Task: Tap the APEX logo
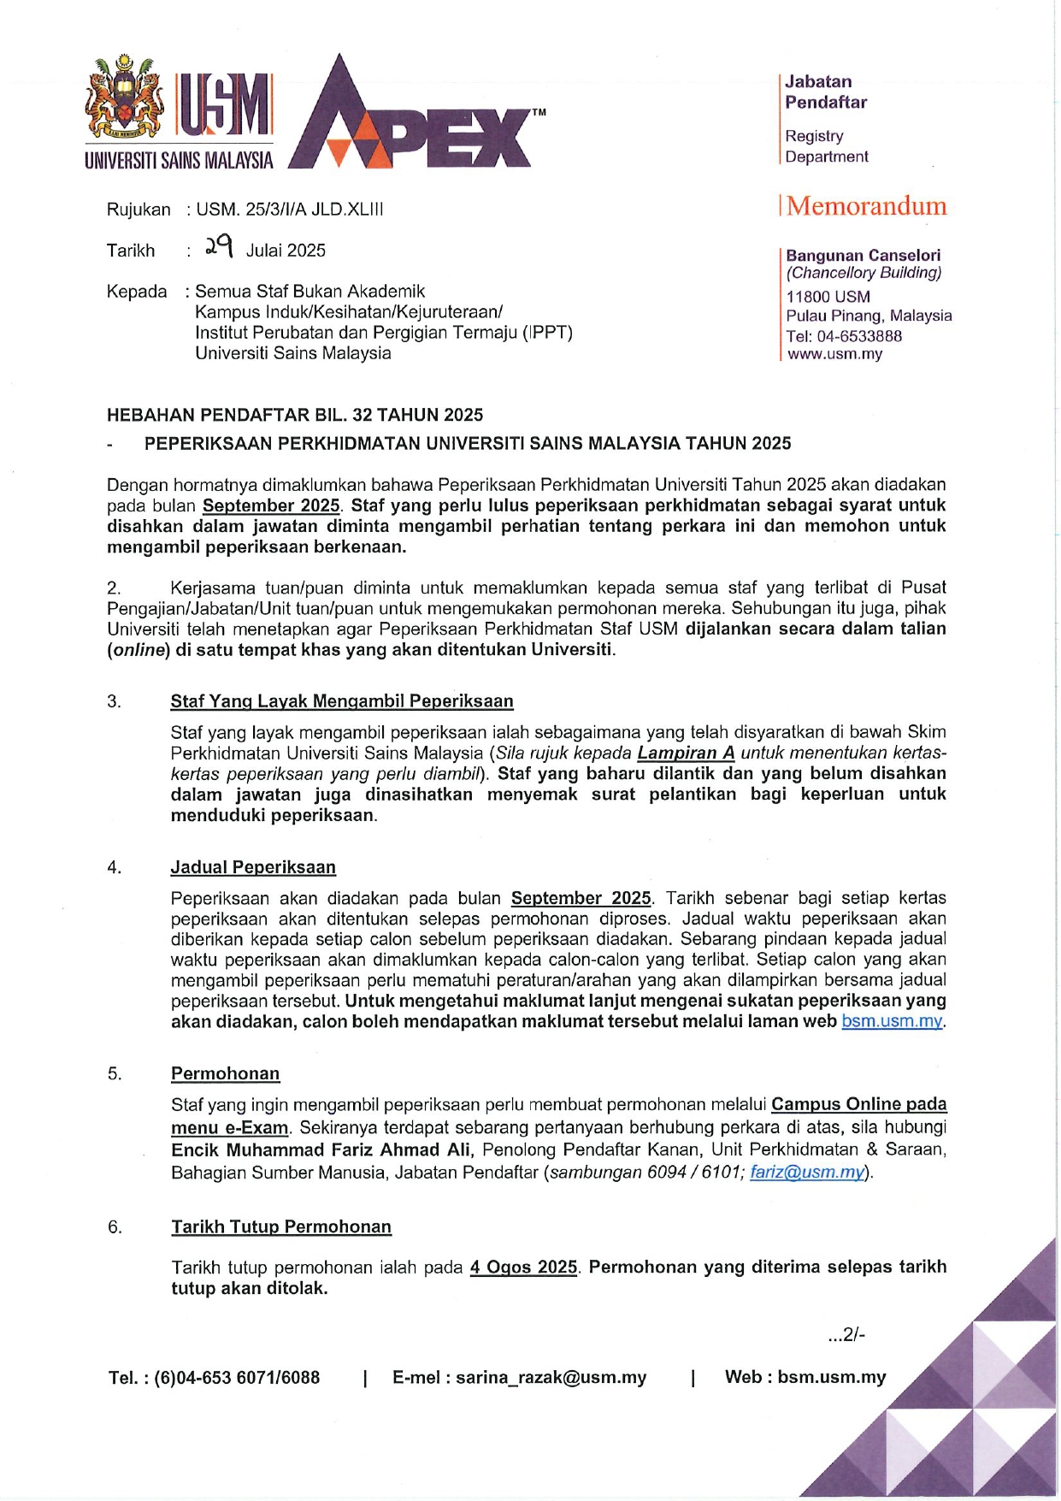pyautogui.click(x=410, y=120)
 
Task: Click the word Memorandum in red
pyautogui.click(x=866, y=206)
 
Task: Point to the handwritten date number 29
pyautogui.click(x=218, y=248)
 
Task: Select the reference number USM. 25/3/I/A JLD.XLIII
pyautogui.click(x=289, y=210)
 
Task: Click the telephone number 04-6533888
pyautogui.click(x=858, y=336)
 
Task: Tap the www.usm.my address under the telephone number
pyautogui.click(x=834, y=354)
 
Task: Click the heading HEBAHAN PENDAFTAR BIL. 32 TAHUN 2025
pyautogui.click(x=295, y=415)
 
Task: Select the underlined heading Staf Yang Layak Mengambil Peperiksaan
pyautogui.click(x=342, y=701)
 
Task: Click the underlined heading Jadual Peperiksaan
pyautogui.click(x=253, y=867)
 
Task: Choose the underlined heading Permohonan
pyautogui.click(x=225, y=1073)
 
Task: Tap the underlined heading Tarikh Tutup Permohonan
pyautogui.click(x=281, y=1226)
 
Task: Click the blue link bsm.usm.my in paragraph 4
pyautogui.click(x=892, y=1021)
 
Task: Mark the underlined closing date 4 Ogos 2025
pyautogui.click(x=523, y=1267)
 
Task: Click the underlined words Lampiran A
pyautogui.click(x=686, y=753)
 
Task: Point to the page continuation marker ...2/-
pyautogui.click(x=846, y=1334)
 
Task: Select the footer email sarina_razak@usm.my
pyautogui.click(x=551, y=1377)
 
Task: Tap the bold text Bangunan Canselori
pyautogui.click(x=863, y=255)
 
